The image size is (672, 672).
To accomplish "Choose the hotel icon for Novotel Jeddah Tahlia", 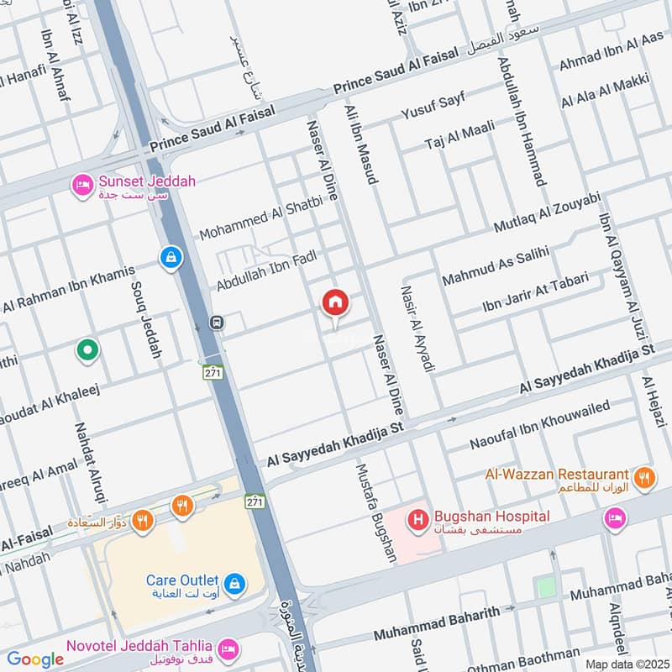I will pos(226,649).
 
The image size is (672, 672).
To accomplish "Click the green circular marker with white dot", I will pos(87,349).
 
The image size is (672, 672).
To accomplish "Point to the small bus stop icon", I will pos(217,323).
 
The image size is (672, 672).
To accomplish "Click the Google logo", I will pos(35,659).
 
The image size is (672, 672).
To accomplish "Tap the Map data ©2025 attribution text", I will pos(626,664).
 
